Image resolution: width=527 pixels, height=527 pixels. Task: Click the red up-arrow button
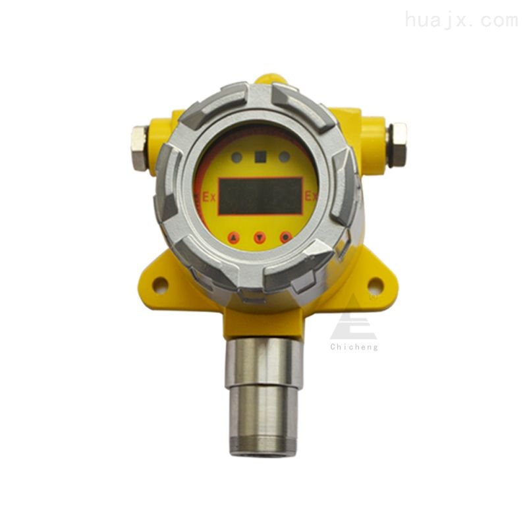tap(233, 238)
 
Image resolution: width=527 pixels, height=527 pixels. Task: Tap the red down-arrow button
tap(260, 238)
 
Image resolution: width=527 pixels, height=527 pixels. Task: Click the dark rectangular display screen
tap(260, 196)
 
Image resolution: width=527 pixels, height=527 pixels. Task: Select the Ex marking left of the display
tap(209, 197)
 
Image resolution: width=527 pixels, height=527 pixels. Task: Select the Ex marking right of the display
tap(311, 196)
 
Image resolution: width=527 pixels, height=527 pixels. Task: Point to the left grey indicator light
tap(237, 157)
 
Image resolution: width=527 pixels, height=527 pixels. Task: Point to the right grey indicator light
tap(285, 157)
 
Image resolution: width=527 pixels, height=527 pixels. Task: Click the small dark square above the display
tap(261, 157)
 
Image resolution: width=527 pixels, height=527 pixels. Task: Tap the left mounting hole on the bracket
tap(160, 285)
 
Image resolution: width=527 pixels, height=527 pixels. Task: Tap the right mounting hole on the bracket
tap(375, 284)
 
